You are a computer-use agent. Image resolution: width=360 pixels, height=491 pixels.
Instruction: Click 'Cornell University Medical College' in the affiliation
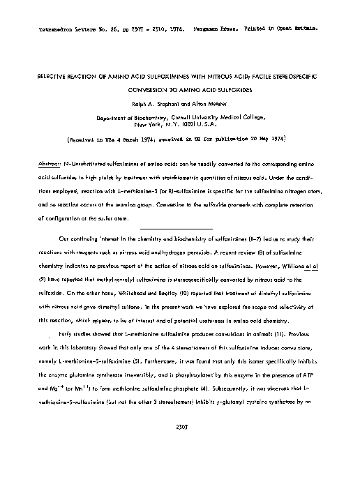point(220,119)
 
